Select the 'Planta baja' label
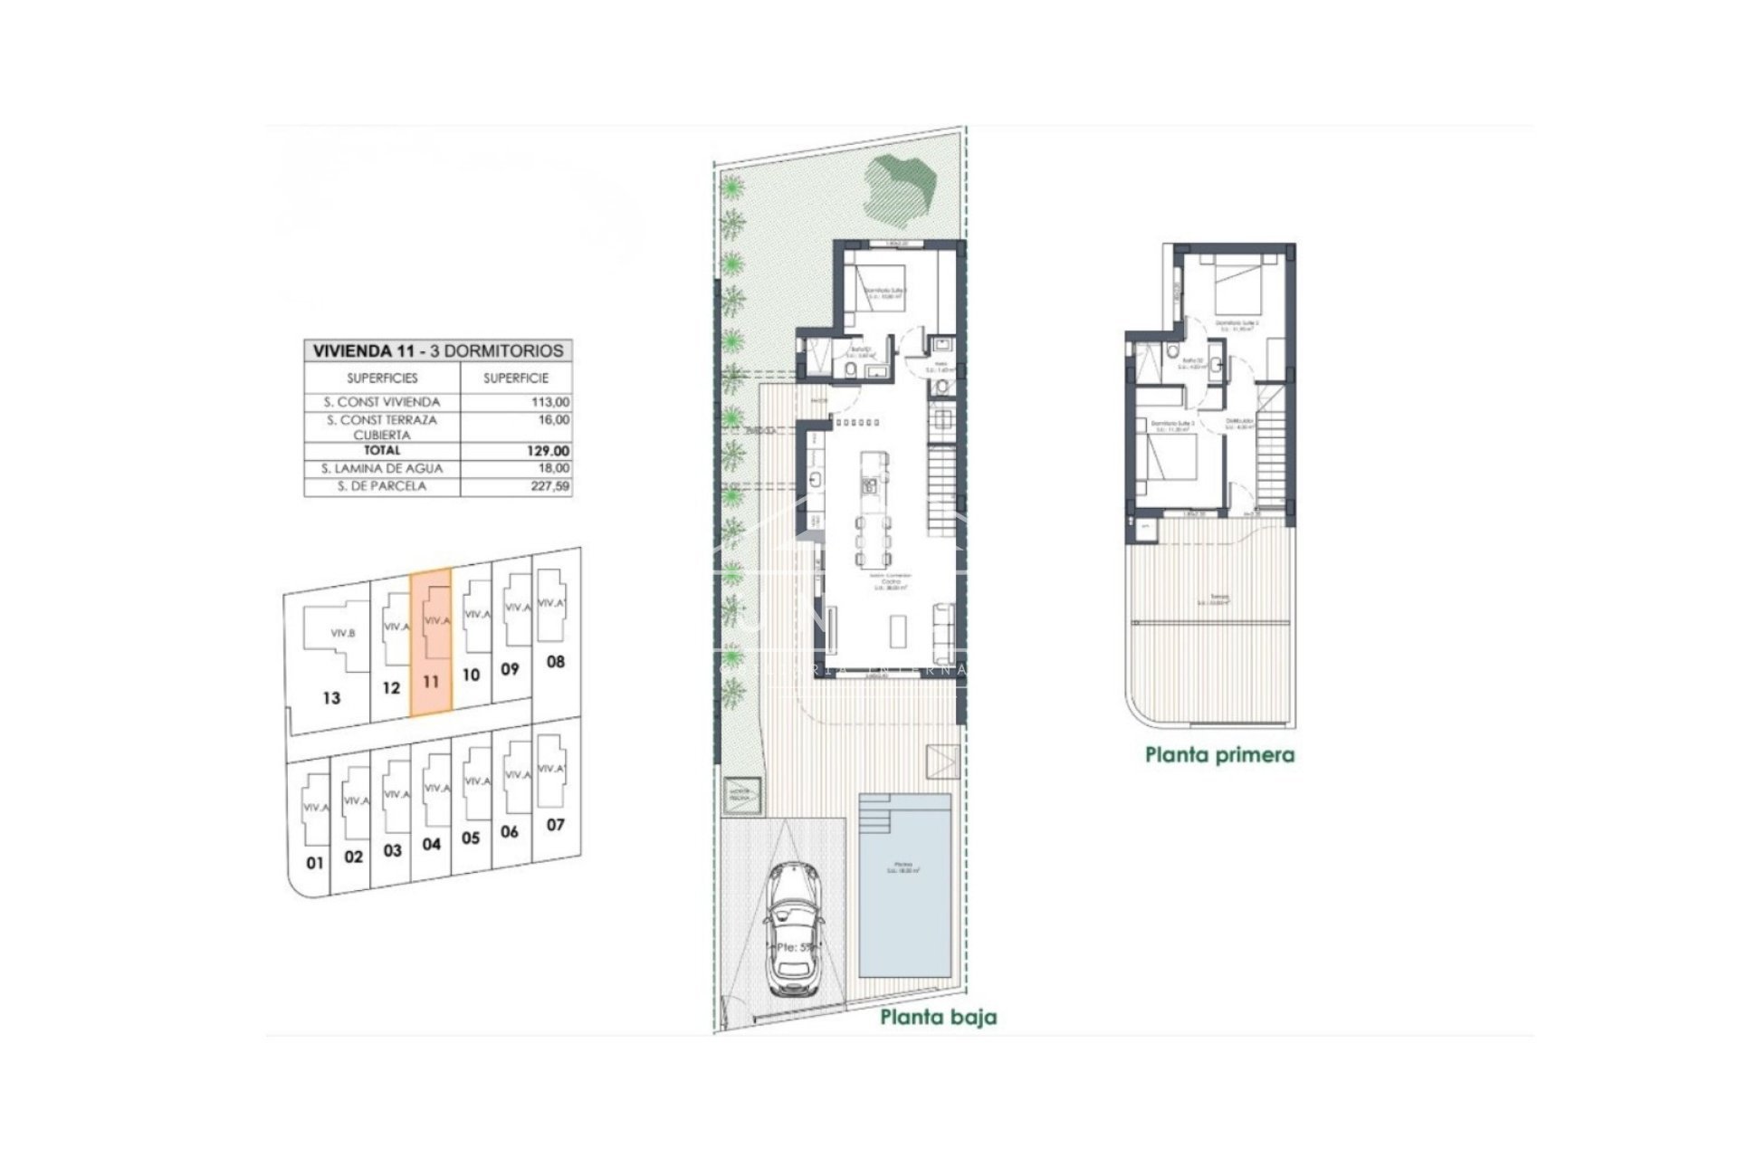tap(938, 1018)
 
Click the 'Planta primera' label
tap(1219, 754)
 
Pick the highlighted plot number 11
tap(431, 682)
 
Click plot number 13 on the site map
tap(331, 698)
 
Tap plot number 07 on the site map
tap(555, 825)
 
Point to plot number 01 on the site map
tap(314, 863)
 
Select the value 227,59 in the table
tap(551, 486)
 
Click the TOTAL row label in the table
tap(382, 450)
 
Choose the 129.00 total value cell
tap(551, 451)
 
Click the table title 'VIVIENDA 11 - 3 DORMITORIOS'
tap(438, 351)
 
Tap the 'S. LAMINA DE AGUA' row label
tap(382, 468)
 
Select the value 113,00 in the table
tap(552, 402)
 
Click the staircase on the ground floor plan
tap(941, 489)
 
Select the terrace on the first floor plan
tap(1211, 625)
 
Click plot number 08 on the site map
tap(556, 662)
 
